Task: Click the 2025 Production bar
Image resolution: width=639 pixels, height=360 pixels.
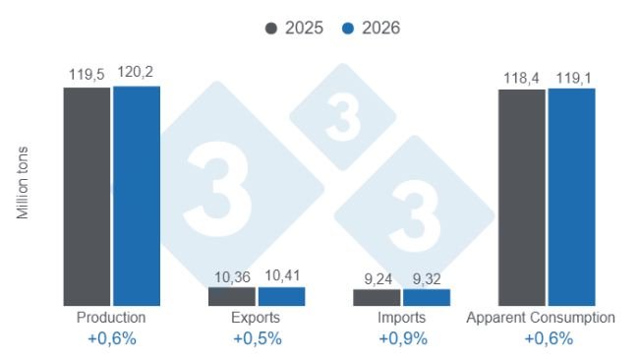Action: (87, 196)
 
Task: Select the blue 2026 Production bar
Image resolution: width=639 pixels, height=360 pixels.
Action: (136, 196)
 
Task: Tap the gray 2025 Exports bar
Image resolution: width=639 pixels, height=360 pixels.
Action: (231, 296)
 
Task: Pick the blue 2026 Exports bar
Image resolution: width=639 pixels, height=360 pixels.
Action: (281, 296)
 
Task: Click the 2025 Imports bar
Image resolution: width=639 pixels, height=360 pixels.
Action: (377, 297)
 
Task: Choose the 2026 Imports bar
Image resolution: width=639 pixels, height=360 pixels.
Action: (426, 297)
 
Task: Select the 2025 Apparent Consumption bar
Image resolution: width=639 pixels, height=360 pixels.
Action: (521, 197)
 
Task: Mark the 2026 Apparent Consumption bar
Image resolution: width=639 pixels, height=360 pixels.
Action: (571, 197)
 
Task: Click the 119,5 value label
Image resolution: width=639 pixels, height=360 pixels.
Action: (87, 74)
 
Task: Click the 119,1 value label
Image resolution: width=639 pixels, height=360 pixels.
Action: (571, 76)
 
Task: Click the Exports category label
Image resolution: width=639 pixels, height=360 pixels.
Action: (257, 319)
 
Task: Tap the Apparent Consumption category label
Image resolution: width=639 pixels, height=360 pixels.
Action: (541, 319)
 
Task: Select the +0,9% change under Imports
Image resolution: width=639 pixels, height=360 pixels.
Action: (402, 339)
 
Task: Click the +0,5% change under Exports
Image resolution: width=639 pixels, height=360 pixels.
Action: (257, 339)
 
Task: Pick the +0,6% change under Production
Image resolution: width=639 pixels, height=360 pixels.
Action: (111, 339)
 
